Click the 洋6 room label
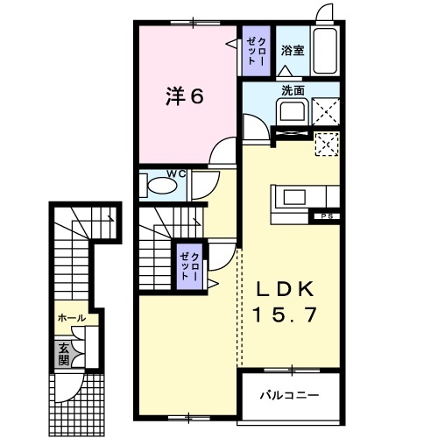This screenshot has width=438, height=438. tap(185, 97)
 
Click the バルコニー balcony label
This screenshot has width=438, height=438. tap(288, 396)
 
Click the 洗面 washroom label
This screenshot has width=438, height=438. tap(292, 89)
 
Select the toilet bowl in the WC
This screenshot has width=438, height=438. tap(160, 187)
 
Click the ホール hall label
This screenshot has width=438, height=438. tap(70, 318)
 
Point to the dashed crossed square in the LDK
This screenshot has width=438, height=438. tap(326, 144)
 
